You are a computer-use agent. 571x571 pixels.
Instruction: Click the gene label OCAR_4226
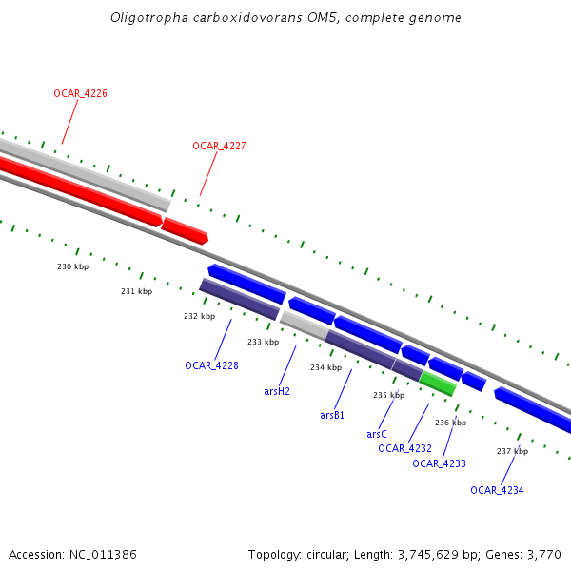(x=80, y=93)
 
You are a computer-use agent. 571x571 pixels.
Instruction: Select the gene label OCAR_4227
(x=219, y=146)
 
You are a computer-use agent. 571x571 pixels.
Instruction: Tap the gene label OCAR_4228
(x=211, y=365)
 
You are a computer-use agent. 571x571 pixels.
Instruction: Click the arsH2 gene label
(x=277, y=390)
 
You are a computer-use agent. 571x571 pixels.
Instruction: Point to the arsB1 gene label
(x=332, y=415)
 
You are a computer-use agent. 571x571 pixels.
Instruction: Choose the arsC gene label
(x=377, y=434)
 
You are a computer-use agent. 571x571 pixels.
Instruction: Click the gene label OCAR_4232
(x=404, y=448)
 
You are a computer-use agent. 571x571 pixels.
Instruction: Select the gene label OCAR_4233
(x=439, y=463)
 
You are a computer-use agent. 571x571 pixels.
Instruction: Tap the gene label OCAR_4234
(x=497, y=490)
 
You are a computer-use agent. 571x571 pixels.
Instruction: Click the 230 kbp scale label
(x=72, y=266)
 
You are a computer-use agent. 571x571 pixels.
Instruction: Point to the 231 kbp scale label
(x=136, y=291)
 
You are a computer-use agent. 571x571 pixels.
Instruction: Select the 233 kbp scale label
(x=263, y=342)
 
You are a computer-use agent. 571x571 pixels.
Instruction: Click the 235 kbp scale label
(x=388, y=395)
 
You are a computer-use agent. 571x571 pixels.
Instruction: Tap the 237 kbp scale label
(x=512, y=451)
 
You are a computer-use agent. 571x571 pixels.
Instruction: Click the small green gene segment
(x=438, y=384)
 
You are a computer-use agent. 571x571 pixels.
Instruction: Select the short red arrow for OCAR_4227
(x=185, y=230)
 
